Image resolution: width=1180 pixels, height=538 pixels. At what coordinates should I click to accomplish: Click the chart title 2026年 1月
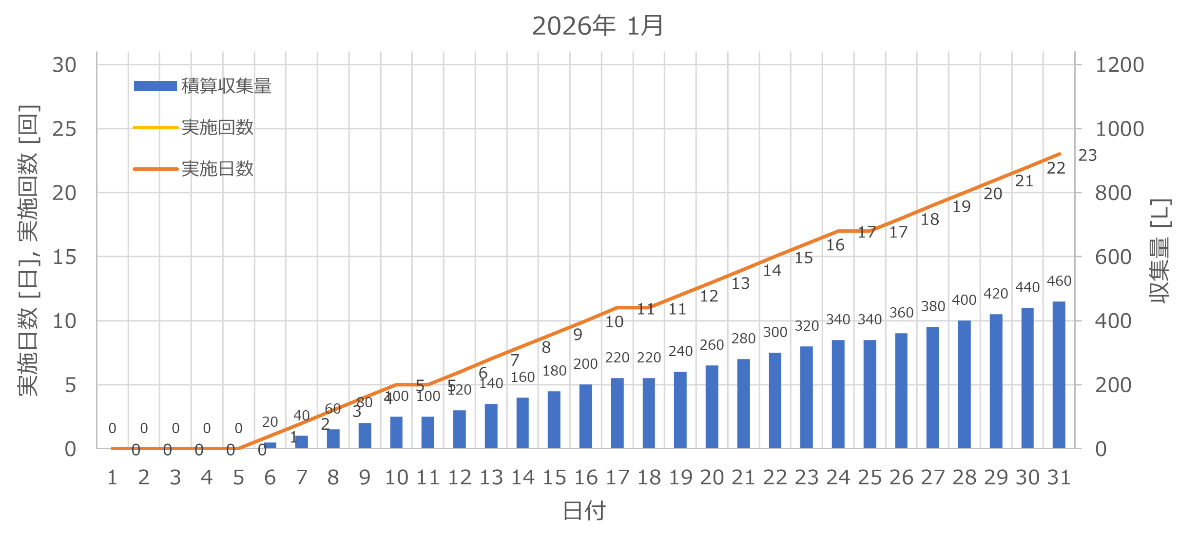pyautogui.click(x=598, y=26)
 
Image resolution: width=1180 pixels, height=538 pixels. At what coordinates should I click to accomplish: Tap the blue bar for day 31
pyautogui.click(x=1059, y=375)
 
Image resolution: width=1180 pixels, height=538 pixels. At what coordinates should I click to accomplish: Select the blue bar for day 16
pyautogui.click(x=585, y=416)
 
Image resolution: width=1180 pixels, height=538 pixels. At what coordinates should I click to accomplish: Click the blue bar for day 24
pyautogui.click(x=838, y=394)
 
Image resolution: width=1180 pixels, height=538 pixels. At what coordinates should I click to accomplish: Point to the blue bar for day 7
pyautogui.click(x=302, y=442)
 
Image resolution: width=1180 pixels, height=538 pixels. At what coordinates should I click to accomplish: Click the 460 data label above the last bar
pyautogui.click(x=1059, y=281)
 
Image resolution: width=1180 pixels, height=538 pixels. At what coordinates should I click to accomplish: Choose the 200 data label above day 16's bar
pyautogui.click(x=585, y=364)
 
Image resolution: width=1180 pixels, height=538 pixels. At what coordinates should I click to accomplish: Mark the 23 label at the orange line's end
pyautogui.click(x=1087, y=156)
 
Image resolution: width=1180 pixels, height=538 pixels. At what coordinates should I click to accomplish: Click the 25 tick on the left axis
pyautogui.click(x=64, y=129)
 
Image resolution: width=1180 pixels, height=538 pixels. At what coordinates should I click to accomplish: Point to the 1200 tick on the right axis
pyautogui.click(x=1120, y=65)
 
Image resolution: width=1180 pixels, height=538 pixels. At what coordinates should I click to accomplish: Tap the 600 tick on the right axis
pyautogui.click(x=1113, y=257)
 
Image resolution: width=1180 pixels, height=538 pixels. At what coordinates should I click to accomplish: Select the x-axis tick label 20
pyautogui.click(x=712, y=478)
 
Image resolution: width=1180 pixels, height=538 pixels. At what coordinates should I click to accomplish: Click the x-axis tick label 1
pyautogui.click(x=112, y=478)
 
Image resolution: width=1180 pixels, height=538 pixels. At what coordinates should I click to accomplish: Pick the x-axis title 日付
pyautogui.click(x=584, y=511)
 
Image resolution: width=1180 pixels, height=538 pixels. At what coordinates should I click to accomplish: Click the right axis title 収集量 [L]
pyautogui.click(x=1160, y=251)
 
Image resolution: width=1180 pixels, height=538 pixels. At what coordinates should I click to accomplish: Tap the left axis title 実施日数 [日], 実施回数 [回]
pyautogui.click(x=28, y=250)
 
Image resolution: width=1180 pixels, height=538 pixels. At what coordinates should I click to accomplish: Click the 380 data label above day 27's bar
pyautogui.click(x=933, y=307)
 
